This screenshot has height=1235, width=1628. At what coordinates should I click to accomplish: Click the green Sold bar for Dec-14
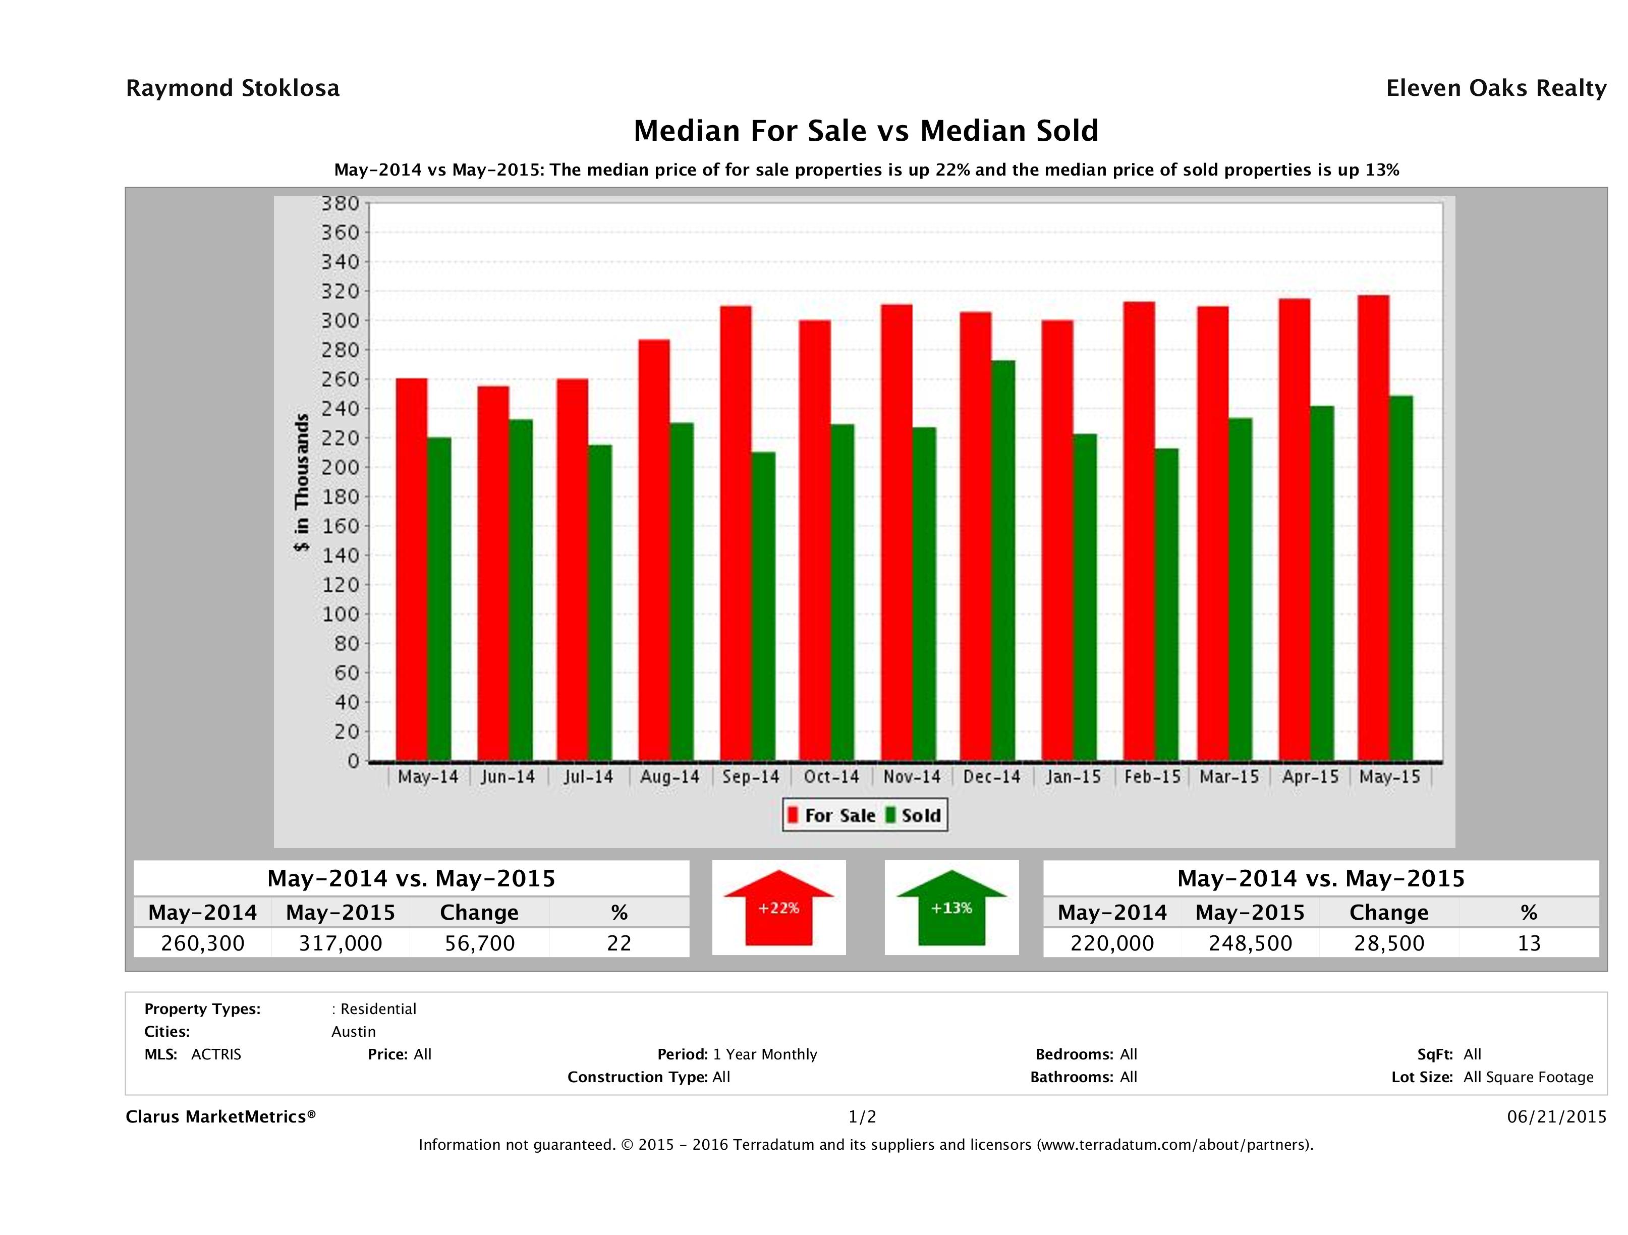pyautogui.click(x=1003, y=559)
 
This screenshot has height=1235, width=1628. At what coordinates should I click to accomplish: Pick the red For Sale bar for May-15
pyautogui.click(x=1373, y=527)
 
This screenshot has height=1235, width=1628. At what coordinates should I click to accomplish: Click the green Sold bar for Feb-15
pyautogui.click(x=1166, y=603)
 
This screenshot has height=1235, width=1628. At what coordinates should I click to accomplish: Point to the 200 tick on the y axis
pyautogui.click(x=340, y=467)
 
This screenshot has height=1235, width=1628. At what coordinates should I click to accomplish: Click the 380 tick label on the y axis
pyautogui.click(x=340, y=203)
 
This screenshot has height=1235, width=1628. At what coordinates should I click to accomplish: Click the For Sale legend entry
pyautogui.click(x=832, y=815)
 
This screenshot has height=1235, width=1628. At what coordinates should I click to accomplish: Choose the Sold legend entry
pyautogui.click(x=913, y=815)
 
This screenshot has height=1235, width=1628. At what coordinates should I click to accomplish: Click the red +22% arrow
pyautogui.click(x=778, y=908)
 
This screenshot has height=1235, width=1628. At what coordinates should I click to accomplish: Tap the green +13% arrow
pyautogui.click(x=951, y=908)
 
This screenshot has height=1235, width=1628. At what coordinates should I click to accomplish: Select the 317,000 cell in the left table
pyautogui.click(x=340, y=943)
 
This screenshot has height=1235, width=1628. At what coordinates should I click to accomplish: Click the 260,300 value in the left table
pyautogui.click(x=202, y=943)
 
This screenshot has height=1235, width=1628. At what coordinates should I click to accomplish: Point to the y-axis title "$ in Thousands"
pyautogui.click(x=302, y=482)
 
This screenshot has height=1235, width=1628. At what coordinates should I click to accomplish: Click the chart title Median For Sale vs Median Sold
pyautogui.click(x=866, y=131)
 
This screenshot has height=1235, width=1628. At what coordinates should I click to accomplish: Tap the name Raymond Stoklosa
pyautogui.click(x=233, y=88)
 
